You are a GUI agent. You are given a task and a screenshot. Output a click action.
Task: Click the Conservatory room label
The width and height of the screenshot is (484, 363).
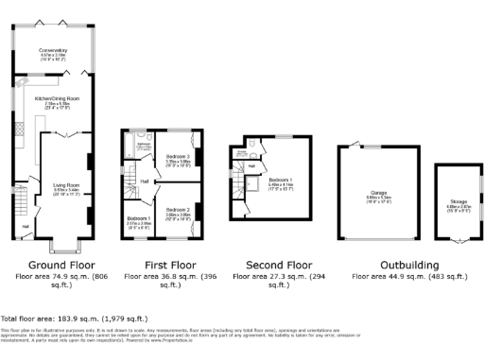pos(53,49)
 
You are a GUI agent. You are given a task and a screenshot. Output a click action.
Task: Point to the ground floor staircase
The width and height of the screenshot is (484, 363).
pos(17,199)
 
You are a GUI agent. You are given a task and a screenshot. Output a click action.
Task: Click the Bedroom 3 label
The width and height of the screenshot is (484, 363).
pos(178,157)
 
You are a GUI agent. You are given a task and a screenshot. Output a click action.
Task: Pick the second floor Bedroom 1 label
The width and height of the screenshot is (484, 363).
pos(281,180)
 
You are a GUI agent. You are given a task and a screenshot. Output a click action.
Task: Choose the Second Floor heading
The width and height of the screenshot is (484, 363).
pos(278,266)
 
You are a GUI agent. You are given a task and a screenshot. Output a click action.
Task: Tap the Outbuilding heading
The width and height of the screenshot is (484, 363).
pos(407,266)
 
